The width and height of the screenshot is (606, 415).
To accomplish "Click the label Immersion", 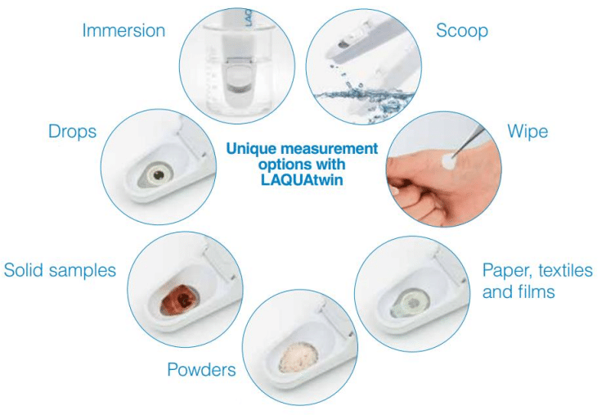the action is [x=123, y=30].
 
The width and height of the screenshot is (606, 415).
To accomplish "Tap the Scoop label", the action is [x=462, y=31].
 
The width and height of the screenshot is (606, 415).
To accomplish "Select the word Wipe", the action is [x=527, y=132].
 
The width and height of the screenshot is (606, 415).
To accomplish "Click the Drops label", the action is [x=72, y=132].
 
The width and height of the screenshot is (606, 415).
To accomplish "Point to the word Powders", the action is [x=201, y=369].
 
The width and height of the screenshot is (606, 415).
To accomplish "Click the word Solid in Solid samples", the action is [x=23, y=270].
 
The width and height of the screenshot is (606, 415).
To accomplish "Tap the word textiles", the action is [x=565, y=270].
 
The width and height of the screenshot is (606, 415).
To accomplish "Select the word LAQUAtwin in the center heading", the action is [x=302, y=180].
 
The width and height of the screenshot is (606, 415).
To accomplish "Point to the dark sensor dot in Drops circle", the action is [x=158, y=175].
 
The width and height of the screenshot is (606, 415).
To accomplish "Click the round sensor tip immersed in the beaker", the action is [x=237, y=80].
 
